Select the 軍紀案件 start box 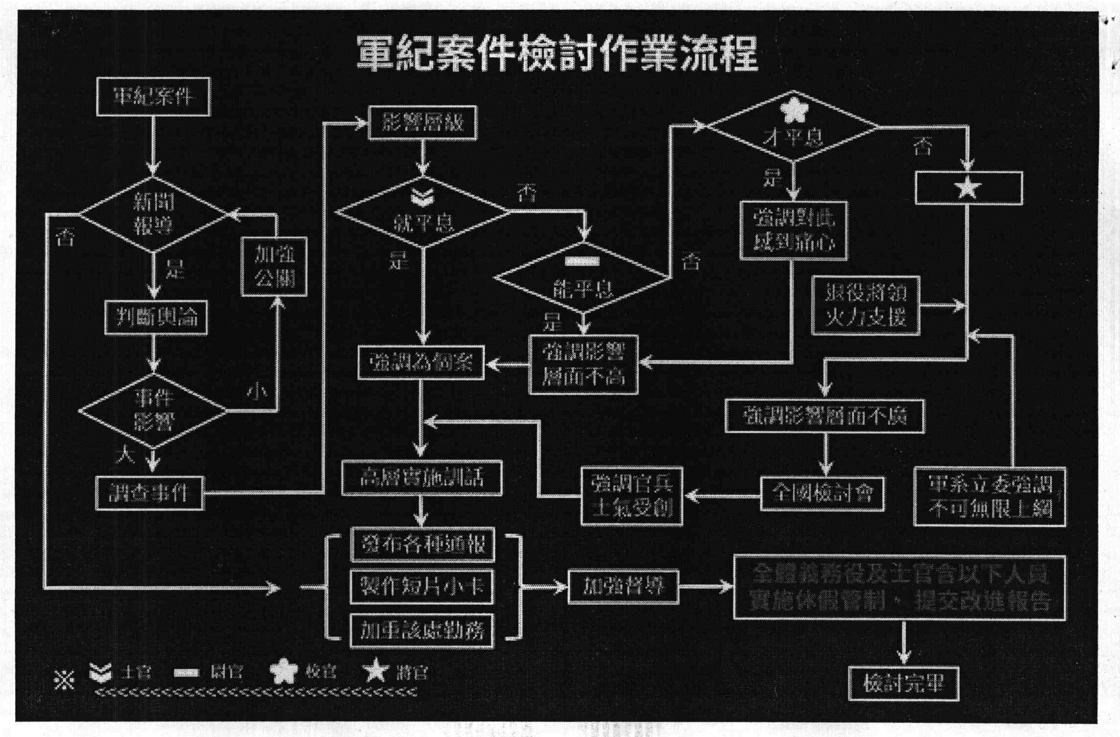[x=153, y=97]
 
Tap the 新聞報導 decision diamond [x=153, y=214]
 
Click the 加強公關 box [x=274, y=267]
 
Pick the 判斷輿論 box [x=156, y=317]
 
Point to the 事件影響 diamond [x=153, y=410]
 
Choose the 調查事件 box [x=149, y=493]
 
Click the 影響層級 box [x=422, y=123]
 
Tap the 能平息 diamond [x=583, y=279]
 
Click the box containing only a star [x=968, y=188]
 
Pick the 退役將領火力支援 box [x=865, y=306]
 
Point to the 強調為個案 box [x=421, y=363]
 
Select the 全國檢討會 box [x=822, y=493]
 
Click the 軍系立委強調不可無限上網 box [x=989, y=497]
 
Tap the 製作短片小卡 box [x=421, y=587]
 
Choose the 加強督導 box [x=623, y=587]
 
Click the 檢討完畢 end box [x=903, y=683]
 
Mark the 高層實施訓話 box [x=421, y=478]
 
